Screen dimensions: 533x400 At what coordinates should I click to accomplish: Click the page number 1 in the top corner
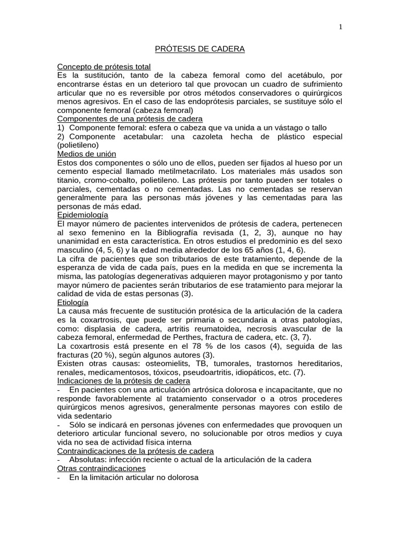click(340, 27)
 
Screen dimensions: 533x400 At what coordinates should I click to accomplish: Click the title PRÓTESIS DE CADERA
click(200, 49)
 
